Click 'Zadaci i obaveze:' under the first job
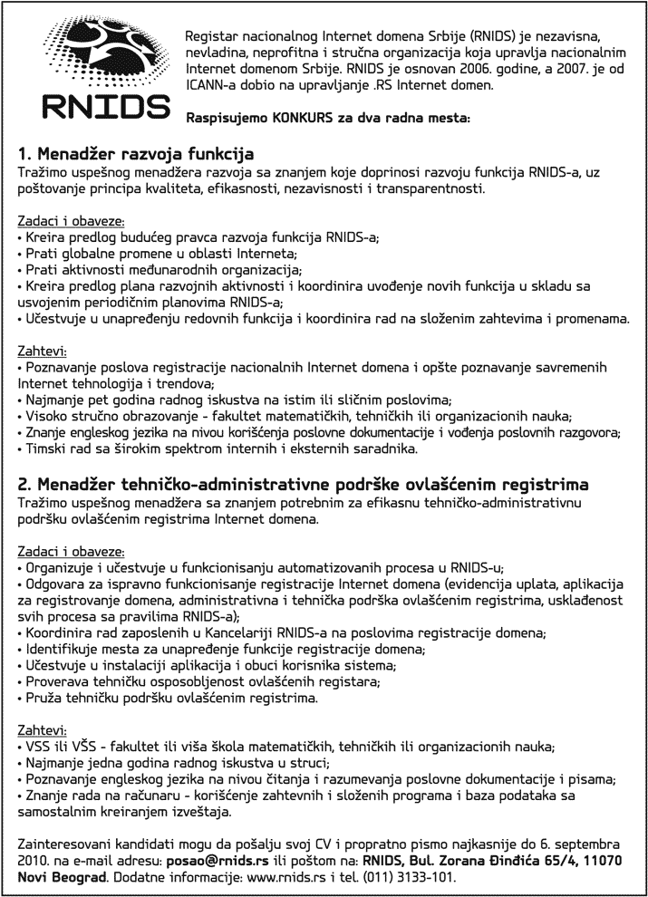coord(71,221)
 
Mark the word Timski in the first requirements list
coord(44,448)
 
